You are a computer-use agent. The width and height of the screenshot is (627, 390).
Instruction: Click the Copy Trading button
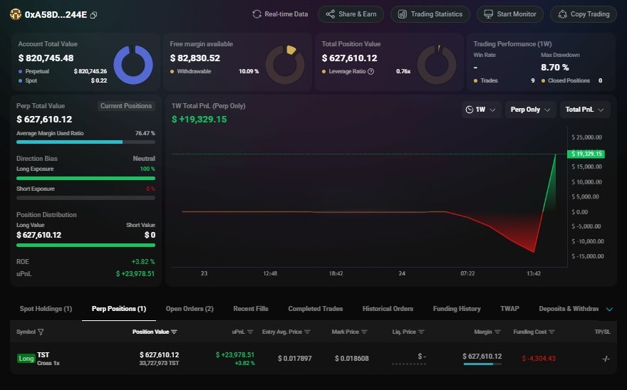583,14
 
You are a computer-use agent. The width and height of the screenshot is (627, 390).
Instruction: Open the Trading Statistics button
430,14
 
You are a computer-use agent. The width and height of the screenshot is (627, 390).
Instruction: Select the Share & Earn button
351,14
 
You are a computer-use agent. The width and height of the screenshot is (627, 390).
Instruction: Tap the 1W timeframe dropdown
480,110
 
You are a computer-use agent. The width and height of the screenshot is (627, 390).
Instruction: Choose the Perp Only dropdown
531,110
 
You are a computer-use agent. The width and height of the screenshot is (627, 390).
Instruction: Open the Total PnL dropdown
585,110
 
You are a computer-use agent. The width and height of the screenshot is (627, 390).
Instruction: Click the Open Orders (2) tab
190,309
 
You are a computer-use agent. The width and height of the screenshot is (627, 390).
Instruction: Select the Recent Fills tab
251,309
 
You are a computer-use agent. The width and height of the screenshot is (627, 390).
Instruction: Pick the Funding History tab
457,309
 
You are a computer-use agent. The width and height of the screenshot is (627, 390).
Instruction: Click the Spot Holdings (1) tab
46,309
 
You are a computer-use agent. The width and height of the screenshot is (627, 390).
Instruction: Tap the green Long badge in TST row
26,358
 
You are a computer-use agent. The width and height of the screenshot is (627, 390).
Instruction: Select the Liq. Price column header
408,332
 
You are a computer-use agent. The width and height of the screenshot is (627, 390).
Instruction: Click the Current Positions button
126,106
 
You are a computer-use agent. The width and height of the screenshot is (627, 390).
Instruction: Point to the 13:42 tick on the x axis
534,273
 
